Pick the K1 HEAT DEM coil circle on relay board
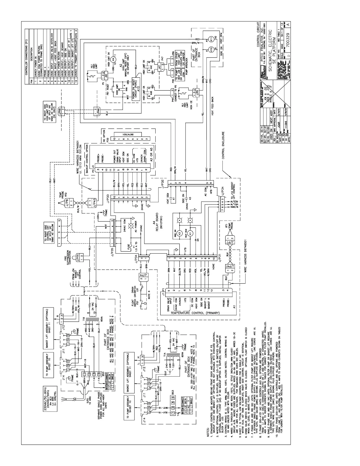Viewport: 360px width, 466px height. pyautogui.click(x=190, y=233)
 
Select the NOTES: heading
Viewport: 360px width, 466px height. pyautogui.click(x=208, y=428)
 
